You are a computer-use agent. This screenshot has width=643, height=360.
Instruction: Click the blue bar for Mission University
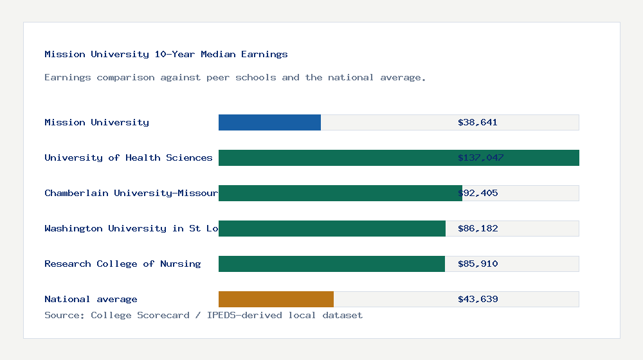pyautogui.click(x=269, y=122)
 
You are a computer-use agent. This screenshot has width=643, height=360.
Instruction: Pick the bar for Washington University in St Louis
pyautogui.click(x=332, y=228)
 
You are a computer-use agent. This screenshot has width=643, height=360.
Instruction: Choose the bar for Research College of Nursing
pyautogui.click(x=331, y=264)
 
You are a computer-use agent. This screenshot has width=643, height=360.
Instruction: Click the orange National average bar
pyautogui.click(x=276, y=299)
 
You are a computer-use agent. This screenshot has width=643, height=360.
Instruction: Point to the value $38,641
pyautogui.click(x=478, y=122)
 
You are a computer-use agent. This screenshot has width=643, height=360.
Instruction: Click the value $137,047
pyautogui.click(x=480, y=157)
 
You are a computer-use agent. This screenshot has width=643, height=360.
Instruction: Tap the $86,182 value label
pyautogui.click(x=478, y=228)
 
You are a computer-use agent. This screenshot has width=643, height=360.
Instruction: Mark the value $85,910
pyautogui.click(x=478, y=264)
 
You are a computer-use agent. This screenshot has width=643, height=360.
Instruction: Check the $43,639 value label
pyautogui.click(x=478, y=299)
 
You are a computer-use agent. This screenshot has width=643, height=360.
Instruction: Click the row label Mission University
pyautogui.click(x=96, y=122)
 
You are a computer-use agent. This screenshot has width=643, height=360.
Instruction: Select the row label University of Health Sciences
pyautogui.click(x=129, y=157)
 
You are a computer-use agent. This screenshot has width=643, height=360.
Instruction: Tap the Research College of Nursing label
pyautogui.click(x=122, y=264)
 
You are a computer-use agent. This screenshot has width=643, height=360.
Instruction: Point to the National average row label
pyautogui.click(x=91, y=299)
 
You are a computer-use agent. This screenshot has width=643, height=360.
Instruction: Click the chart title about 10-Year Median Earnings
pyautogui.click(x=166, y=54)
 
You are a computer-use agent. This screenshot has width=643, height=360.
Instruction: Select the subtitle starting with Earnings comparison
pyautogui.click(x=235, y=77)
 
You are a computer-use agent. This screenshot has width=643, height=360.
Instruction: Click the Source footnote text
pyautogui.click(x=203, y=315)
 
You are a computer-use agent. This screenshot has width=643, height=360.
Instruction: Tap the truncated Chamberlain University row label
pyautogui.click(x=131, y=193)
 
